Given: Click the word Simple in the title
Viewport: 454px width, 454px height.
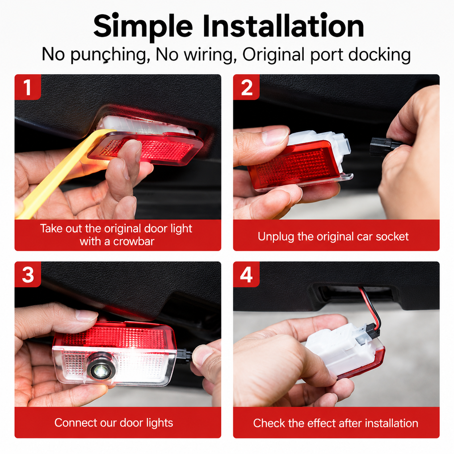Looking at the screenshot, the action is point(143,26).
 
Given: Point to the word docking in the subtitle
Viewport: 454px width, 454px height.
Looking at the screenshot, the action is point(379,54).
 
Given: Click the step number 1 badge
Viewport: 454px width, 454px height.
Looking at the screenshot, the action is point(28,87).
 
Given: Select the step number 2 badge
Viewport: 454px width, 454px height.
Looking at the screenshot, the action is point(247,87).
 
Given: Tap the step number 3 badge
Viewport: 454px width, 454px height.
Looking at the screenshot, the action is point(28,274).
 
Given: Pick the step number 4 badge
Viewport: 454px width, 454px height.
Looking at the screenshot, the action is point(247,274).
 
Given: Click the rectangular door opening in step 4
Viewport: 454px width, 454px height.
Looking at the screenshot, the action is point(353,293).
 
